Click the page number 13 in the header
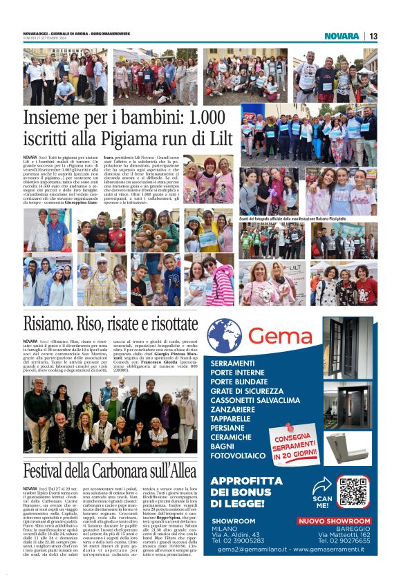tap(373, 36)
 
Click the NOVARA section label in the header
tap(342, 36)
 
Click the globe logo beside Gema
tap(224, 336)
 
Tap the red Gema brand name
tap(281, 336)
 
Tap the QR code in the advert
tap(353, 491)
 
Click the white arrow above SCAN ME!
tap(321, 485)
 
